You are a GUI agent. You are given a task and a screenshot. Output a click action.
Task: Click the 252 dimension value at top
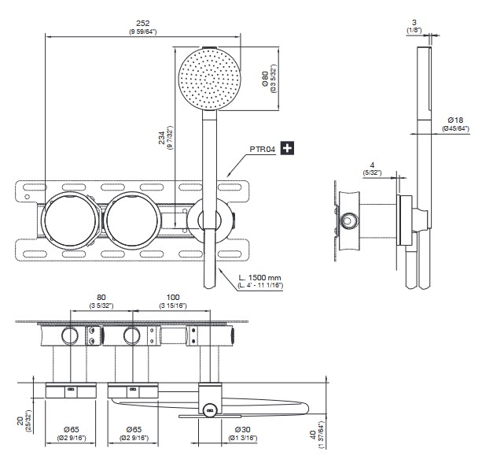click(x=142, y=24)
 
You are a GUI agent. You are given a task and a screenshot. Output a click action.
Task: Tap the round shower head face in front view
click(x=210, y=78)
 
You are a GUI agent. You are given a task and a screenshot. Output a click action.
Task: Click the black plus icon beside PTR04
click(x=288, y=146)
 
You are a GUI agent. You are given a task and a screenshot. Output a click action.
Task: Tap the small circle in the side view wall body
click(x=347, y=220)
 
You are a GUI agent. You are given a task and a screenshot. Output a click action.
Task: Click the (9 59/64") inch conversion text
click(x=142, y=31)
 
